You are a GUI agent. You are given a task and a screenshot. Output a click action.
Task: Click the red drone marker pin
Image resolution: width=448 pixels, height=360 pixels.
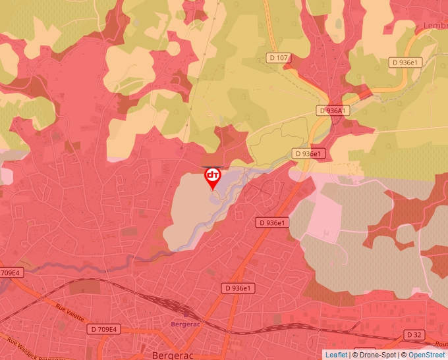click(x=212, y=177)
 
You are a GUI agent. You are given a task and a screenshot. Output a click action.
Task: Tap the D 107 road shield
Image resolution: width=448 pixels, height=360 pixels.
click(x=279, y=58)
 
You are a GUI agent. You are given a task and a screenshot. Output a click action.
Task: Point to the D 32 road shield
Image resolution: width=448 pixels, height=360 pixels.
click(x=414, y=335)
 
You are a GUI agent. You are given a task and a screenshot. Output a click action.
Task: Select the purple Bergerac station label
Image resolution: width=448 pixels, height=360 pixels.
click(x=185, y=324)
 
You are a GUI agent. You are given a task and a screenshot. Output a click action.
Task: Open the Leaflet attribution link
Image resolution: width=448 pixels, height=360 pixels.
click(x=336, y=355)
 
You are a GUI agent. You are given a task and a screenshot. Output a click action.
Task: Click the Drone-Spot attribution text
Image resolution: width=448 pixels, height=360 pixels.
click(x=376, y=355)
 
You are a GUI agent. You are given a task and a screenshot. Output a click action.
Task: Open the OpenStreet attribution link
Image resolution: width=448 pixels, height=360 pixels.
click(x=426, y=355)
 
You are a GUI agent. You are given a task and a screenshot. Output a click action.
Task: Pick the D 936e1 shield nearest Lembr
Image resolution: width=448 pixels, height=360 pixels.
click(x=405, y=63)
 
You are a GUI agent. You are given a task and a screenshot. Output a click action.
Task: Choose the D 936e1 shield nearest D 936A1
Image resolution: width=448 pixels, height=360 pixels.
click(x=310, y=153)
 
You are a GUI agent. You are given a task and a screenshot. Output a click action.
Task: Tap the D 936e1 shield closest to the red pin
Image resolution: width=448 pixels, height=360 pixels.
click(x=272, y=223)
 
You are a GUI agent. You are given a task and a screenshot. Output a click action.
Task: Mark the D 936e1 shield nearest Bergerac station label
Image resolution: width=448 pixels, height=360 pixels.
click(x=238, y=288)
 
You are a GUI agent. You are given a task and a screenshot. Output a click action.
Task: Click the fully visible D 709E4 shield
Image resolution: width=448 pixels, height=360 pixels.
click(x=103, y=329)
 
